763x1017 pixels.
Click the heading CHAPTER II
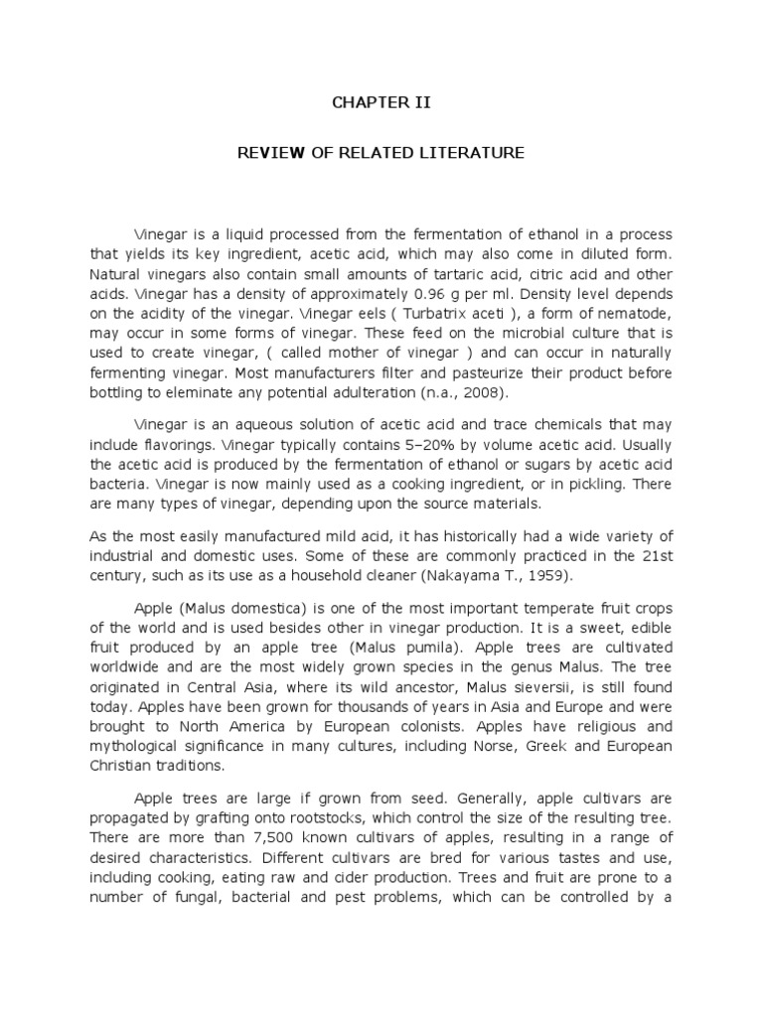(381, 103)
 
